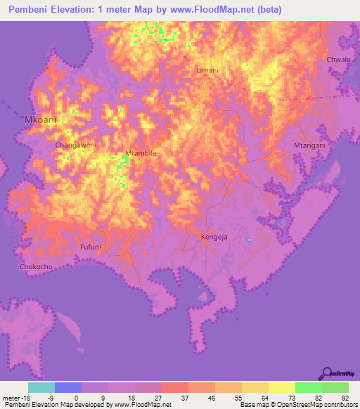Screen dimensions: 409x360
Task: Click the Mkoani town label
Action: (40, 120)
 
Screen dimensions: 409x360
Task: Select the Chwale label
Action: (338, 60)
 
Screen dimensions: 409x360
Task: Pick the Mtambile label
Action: (139, 152)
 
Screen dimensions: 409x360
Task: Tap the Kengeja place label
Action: (214, 238)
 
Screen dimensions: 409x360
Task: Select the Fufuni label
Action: (91, 247)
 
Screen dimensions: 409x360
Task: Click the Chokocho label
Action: (37, 267)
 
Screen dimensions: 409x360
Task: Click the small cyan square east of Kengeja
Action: (250, 241)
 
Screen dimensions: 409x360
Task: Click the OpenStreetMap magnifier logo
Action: (328, 373)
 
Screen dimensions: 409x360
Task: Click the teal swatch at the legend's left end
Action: (41, 387)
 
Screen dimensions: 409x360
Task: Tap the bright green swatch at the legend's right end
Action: (335, 387)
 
